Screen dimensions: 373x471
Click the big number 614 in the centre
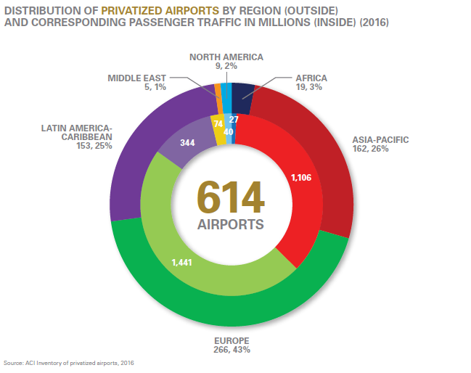(x=231, y=197)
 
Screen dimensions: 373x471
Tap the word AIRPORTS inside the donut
(x=231, y=224)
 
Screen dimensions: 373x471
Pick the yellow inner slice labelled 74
(x=218, y=124)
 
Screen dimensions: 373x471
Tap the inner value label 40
(x=229, y=132)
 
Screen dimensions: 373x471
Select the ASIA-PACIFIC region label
(x=380, y=139)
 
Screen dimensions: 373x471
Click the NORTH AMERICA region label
(x=226, y=56)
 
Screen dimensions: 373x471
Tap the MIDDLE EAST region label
(x=137, y=77)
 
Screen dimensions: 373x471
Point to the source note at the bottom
(x=69, y=362)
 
